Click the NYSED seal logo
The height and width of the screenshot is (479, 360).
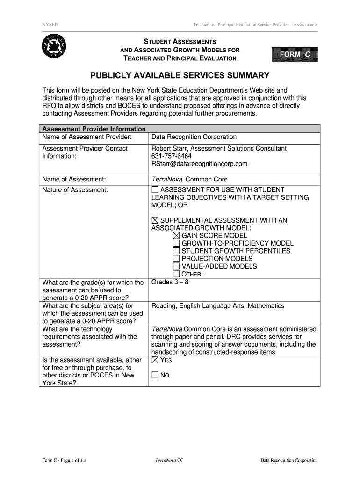(54, 47)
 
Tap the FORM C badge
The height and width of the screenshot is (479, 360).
(294, 55)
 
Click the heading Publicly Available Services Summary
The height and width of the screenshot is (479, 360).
(180, 75)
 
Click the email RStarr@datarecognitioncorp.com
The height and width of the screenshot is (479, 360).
(199, 164)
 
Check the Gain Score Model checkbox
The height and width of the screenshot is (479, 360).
(176, 236)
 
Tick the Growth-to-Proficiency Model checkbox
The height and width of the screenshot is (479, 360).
(176, 243)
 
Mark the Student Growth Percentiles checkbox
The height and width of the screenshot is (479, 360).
(176, 251)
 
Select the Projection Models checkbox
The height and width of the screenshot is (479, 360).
(176, 259)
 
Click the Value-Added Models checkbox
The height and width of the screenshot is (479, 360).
(176, 266)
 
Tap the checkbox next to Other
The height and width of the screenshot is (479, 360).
(176, 274)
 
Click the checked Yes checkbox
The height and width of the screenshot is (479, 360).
(155, 360)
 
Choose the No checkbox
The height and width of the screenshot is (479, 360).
(155, 376)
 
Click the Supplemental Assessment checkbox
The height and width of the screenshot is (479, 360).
(155, 220)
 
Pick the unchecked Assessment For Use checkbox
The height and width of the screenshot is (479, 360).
(155, 190)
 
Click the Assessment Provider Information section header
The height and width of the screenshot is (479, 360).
(94, 129)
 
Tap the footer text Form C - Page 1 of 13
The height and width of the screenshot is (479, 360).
(63, 460)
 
